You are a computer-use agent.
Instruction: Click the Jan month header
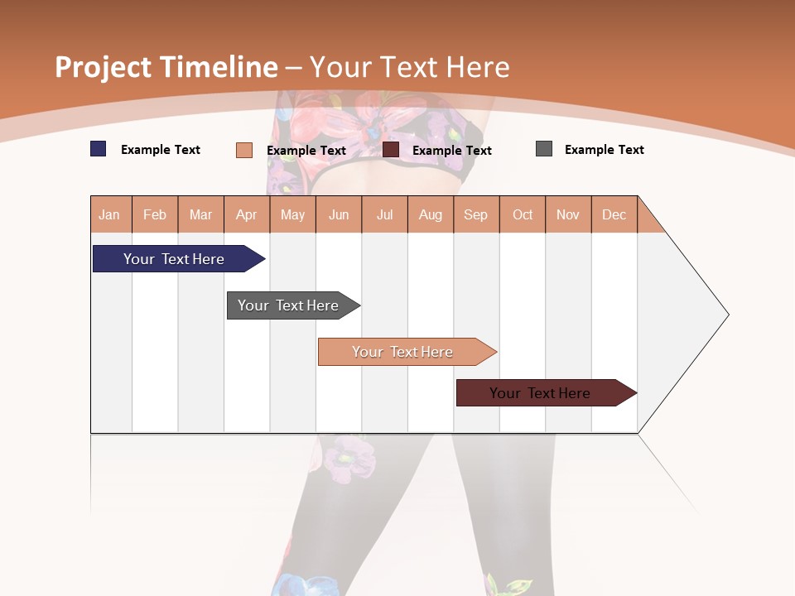110,214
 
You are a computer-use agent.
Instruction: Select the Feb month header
155,214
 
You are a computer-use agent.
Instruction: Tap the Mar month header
200,214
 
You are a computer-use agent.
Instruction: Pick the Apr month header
247,214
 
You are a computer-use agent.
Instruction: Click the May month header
292,214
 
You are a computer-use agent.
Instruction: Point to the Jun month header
339,214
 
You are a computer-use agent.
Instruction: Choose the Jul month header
384,214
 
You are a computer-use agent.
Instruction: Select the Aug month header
431,214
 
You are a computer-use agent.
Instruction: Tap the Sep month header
476,214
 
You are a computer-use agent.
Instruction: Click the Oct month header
523,214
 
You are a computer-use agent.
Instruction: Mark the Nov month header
568,214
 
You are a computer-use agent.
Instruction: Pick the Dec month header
614,214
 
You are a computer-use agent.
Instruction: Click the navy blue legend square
98,149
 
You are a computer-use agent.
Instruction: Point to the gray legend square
544,149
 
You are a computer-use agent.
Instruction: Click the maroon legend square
391,149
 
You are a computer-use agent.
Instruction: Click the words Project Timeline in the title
166,67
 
